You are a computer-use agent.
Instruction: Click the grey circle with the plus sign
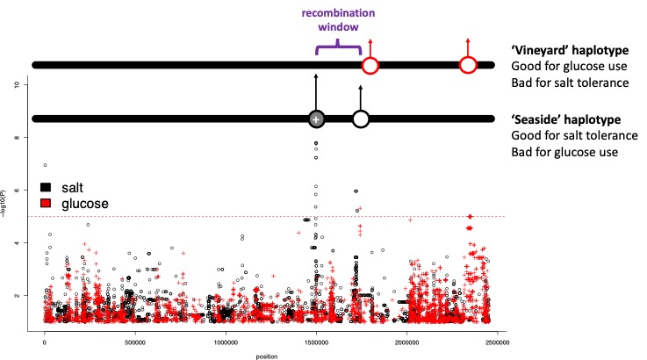[x=316, y=119]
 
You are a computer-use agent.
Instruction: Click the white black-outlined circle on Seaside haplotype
[x=360, y=119]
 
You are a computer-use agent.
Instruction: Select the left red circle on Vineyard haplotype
[x=370, y=65]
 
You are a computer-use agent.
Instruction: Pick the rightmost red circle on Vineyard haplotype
[x=468, y=65]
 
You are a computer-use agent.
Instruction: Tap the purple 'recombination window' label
[x=337, y=20]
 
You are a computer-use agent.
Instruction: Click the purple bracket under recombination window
[x=338, y=46]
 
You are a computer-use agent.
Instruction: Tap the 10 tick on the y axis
[x=30, y=84]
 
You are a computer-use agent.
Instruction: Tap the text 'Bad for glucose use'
[x=565, y=152]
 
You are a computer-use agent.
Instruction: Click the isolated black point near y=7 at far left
[x=45, y=165]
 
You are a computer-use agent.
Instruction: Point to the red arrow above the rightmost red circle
[x=468, y=46]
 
